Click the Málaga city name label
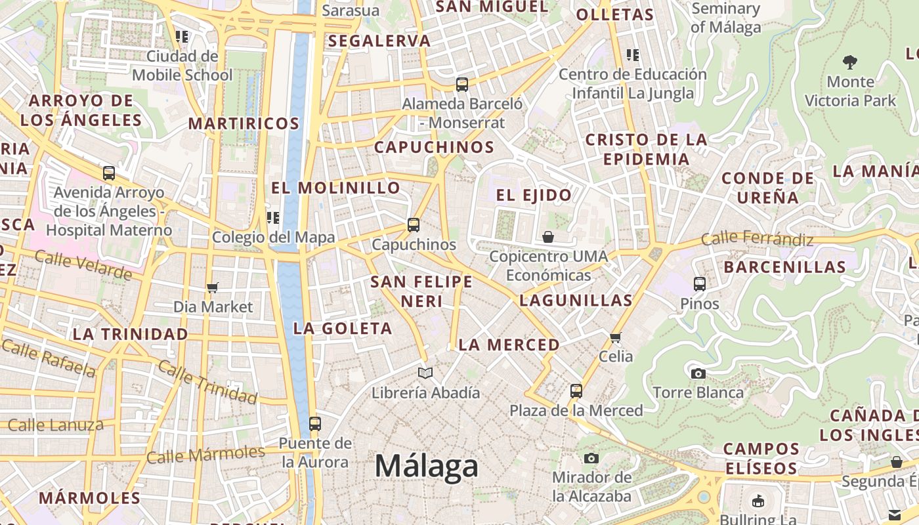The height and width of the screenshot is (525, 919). [x=427, y=467]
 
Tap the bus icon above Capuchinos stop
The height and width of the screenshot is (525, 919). [x=414, y=225]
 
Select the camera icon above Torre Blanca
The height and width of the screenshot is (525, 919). [x=698, y=373]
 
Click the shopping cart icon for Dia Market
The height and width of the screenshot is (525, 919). [x=212, y=287]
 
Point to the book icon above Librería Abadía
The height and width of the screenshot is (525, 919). [x=425, y=373]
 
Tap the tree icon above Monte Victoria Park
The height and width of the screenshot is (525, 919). [x=850, y=62]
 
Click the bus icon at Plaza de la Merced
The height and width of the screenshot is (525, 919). [x=576, y=391]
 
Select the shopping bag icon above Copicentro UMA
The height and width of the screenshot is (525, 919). [x=548, y=236]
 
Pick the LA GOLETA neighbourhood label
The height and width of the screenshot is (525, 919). [x=343, y=328]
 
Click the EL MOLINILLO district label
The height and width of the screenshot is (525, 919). [x=335, y=188]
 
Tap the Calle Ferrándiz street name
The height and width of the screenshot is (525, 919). [x=757, y=239]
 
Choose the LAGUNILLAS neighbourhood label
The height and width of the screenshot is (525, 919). [x=576, y=301]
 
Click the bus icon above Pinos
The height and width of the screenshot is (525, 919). [x=700, y=284]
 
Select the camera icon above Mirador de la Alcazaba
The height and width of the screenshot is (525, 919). [x=591, y=458]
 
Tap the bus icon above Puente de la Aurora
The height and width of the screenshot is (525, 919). [x=315, y=424]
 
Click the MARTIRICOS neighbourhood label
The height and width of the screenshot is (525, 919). [x=244, y=123]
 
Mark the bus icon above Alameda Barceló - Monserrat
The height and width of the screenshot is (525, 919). [x=462, y=84]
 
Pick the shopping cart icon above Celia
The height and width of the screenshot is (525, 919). [x=615, y=337]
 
